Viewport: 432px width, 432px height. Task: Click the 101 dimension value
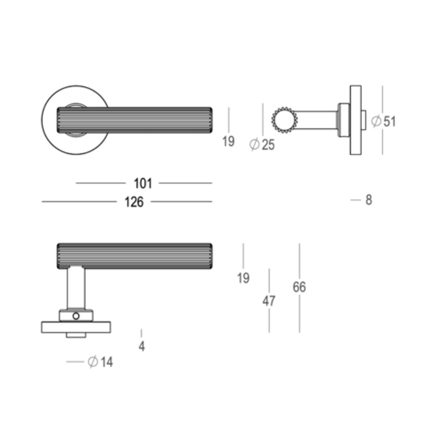143,183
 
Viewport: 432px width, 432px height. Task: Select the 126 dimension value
134,202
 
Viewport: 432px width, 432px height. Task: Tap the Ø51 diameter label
383,121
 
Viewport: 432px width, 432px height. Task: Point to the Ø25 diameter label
262,145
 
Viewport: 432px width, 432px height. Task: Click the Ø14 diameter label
101,362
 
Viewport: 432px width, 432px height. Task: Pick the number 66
299,287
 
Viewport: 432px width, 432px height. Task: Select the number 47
269,301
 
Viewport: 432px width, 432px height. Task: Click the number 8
368,200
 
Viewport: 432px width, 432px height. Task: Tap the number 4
142,346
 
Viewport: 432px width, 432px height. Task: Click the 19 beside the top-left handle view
228,141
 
